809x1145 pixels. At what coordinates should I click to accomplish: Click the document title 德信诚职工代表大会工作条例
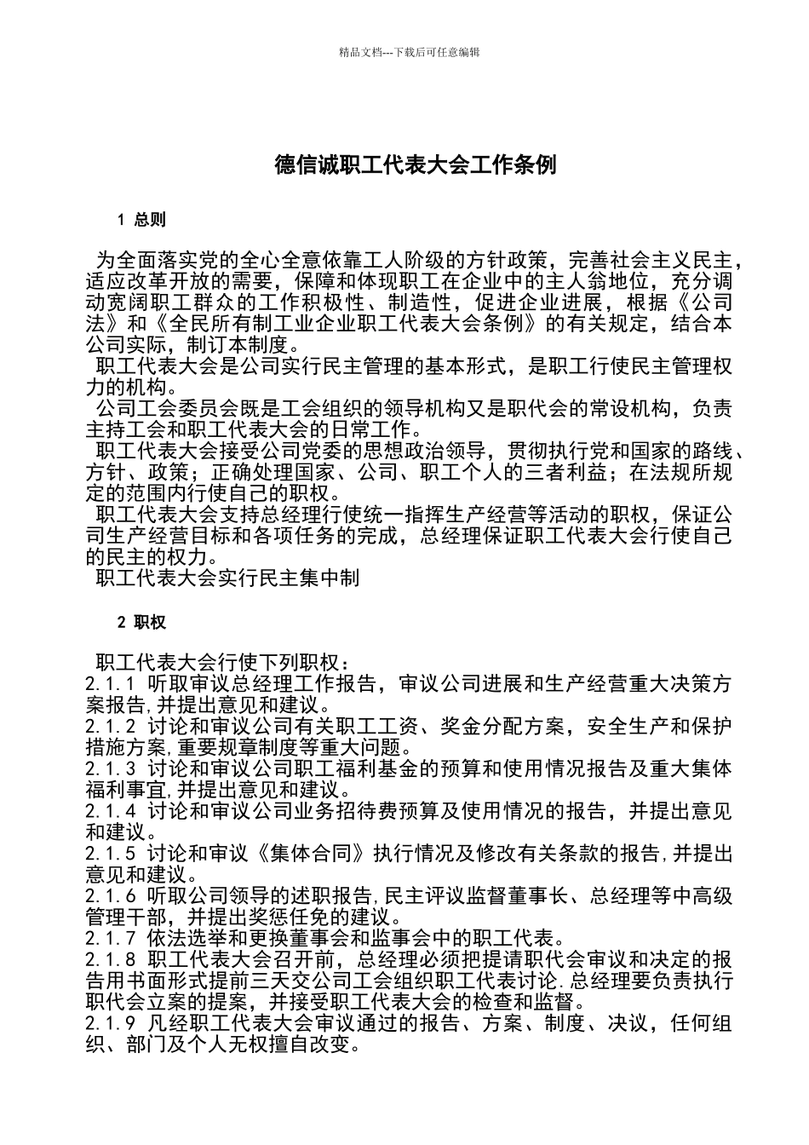pyautogui.click(x=416, y=164)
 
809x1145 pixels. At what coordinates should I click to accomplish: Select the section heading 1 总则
pyautogui.click(x=141, y=220)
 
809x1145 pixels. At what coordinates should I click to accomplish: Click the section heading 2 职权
pyautogui.click(x=141, y=622)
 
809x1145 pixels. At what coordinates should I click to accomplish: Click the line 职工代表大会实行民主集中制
pyautogui.click(x=228, y=578)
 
